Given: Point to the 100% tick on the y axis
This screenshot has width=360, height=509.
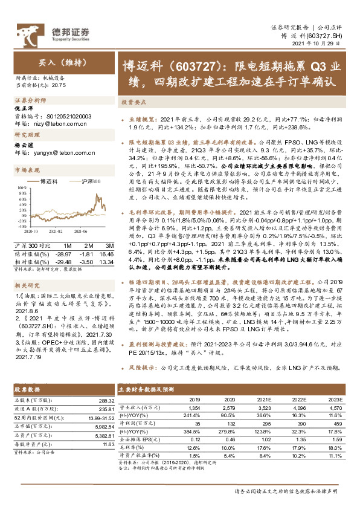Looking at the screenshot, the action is (x=21, y=190).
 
